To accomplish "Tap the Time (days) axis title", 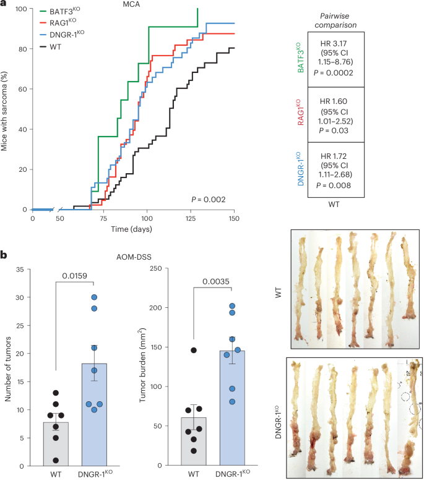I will tap(132, 229).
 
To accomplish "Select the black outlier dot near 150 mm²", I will tap(194, 350).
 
